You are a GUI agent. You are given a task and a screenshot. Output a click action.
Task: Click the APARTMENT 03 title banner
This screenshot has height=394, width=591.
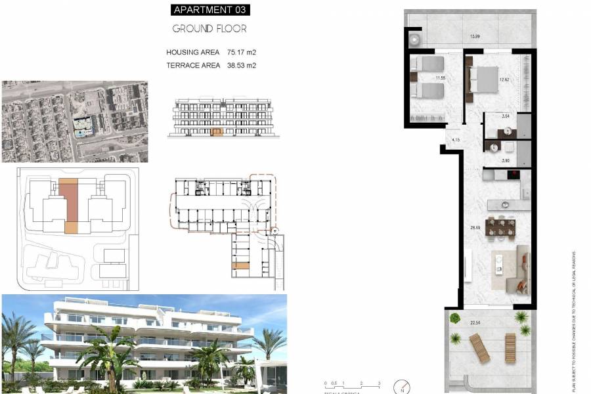tap(210, 10)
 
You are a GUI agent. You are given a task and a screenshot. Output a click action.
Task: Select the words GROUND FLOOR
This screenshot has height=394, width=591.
tap(209, 29)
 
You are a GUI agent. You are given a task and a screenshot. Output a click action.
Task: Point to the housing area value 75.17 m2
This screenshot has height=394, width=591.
tap(241, 52)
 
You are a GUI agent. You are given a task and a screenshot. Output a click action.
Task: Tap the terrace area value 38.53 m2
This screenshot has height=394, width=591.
tap(241, 65)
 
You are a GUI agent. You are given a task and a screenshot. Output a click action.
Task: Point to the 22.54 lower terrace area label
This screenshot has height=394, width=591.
tap(475, 322)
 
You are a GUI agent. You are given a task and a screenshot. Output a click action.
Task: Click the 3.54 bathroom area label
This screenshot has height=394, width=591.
tap(506, 116)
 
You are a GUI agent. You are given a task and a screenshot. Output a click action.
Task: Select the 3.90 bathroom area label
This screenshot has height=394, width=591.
tap(506, 160)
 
